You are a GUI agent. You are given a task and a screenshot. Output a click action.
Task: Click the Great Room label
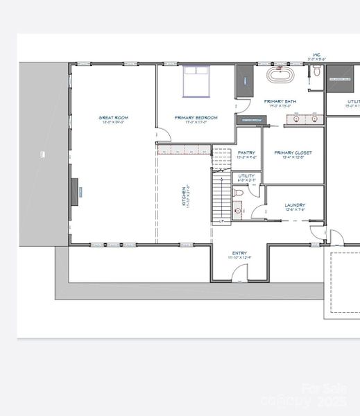(113, 118)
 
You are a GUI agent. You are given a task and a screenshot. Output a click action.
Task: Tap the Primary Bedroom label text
(196, 118)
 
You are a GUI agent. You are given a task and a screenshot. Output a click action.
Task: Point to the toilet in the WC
(316, 71)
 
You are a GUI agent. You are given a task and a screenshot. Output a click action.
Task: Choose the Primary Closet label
(293, 153)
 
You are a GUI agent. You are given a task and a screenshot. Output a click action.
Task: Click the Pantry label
(246, 153)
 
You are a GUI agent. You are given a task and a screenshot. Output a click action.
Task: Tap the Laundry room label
(295, 205)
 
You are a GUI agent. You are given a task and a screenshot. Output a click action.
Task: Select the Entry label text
(239, 253)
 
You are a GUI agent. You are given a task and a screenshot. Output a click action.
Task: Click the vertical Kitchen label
(185, 196)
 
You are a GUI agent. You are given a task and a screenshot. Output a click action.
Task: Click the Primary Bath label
(280, 101)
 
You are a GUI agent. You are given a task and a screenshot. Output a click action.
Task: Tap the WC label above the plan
(316, 54)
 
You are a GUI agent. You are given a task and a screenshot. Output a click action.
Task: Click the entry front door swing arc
(240, 272)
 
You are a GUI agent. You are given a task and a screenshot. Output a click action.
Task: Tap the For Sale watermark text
(324, 389)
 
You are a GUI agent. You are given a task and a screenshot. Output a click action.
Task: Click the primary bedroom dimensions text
(196, 123)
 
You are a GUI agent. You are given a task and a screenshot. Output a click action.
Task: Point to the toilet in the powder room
(237, 209)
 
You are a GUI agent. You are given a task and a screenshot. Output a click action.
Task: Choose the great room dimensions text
(113, 123)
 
